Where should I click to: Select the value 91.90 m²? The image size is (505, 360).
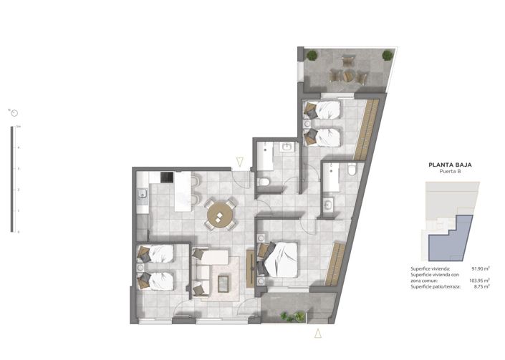coord(480,268)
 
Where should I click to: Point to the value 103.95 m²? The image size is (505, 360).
coord(479,280)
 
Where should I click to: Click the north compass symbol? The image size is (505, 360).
coord(14,112)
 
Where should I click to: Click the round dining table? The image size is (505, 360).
coord(221,214)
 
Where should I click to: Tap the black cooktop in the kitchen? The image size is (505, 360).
coord(166,177)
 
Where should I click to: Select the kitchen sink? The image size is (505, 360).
coord(142,193)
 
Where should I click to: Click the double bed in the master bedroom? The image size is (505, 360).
coord(282,258)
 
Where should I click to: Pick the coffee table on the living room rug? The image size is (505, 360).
coord(223,283)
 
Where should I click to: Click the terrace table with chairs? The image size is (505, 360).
coord(342,74)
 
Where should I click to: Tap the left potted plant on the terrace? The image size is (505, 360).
coord(311,55)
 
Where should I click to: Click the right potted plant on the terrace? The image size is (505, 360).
coord(388,55)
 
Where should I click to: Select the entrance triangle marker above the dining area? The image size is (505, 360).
coord(240,161)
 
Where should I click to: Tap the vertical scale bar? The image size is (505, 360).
coord(11,179)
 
